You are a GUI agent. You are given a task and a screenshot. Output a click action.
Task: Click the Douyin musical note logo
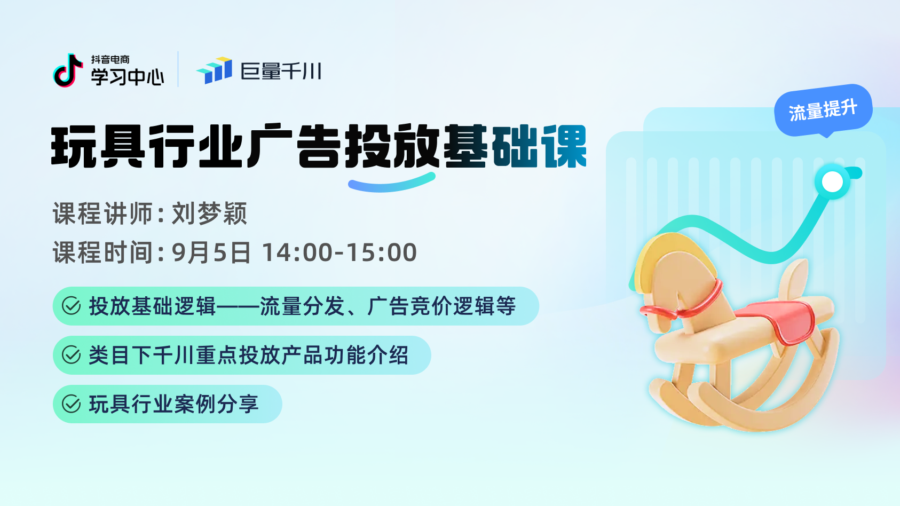point(67,70)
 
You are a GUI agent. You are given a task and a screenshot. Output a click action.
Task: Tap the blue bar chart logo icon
point(214,70)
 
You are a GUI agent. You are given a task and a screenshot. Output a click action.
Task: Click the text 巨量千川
point(281,71)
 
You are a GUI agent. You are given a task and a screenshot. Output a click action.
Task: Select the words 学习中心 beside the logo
point(128,76)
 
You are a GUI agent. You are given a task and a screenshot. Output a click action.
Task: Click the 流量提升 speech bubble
point(823,110)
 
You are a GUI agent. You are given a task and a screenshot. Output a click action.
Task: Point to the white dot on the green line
point(833,183)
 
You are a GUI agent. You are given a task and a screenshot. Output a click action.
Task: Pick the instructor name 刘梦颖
point(209,214)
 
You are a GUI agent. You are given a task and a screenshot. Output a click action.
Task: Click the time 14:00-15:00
point(340,252)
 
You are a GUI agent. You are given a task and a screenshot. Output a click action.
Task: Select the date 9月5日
point(211,252)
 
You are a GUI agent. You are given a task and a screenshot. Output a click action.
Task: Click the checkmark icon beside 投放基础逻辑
point(72,306)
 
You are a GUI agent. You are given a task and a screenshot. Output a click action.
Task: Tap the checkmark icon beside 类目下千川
point(72,355)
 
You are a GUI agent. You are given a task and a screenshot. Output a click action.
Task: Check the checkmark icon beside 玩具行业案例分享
point(72,404)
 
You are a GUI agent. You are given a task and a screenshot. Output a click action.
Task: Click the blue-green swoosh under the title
point(392,184)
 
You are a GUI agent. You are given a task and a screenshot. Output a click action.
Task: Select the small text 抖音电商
point(110,59)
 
